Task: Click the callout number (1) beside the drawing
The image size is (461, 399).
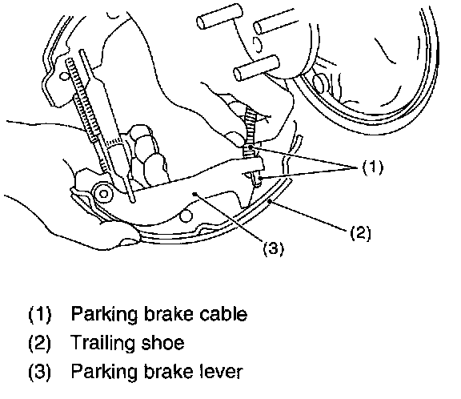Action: [x=373, y=167]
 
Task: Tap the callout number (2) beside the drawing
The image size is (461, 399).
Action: [x=360, y=233]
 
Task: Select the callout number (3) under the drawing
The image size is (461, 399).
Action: [x=274, y=248]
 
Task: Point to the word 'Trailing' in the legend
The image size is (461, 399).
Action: [x=103, y=342]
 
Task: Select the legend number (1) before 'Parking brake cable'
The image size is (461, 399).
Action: [x=40, y=314]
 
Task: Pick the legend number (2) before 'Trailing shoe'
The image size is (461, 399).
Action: [x=40, y=343]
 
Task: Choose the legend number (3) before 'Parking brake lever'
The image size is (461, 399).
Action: [x=40, y=372]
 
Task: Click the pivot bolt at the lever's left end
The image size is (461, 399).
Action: [x=103, y=194]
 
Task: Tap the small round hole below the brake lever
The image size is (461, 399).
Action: [x=186, y=216]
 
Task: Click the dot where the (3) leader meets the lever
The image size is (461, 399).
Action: [x=194, y=194]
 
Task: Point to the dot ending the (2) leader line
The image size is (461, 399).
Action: [x=270, y=201]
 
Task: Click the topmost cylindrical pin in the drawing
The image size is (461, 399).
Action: [x=220, y=16]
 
